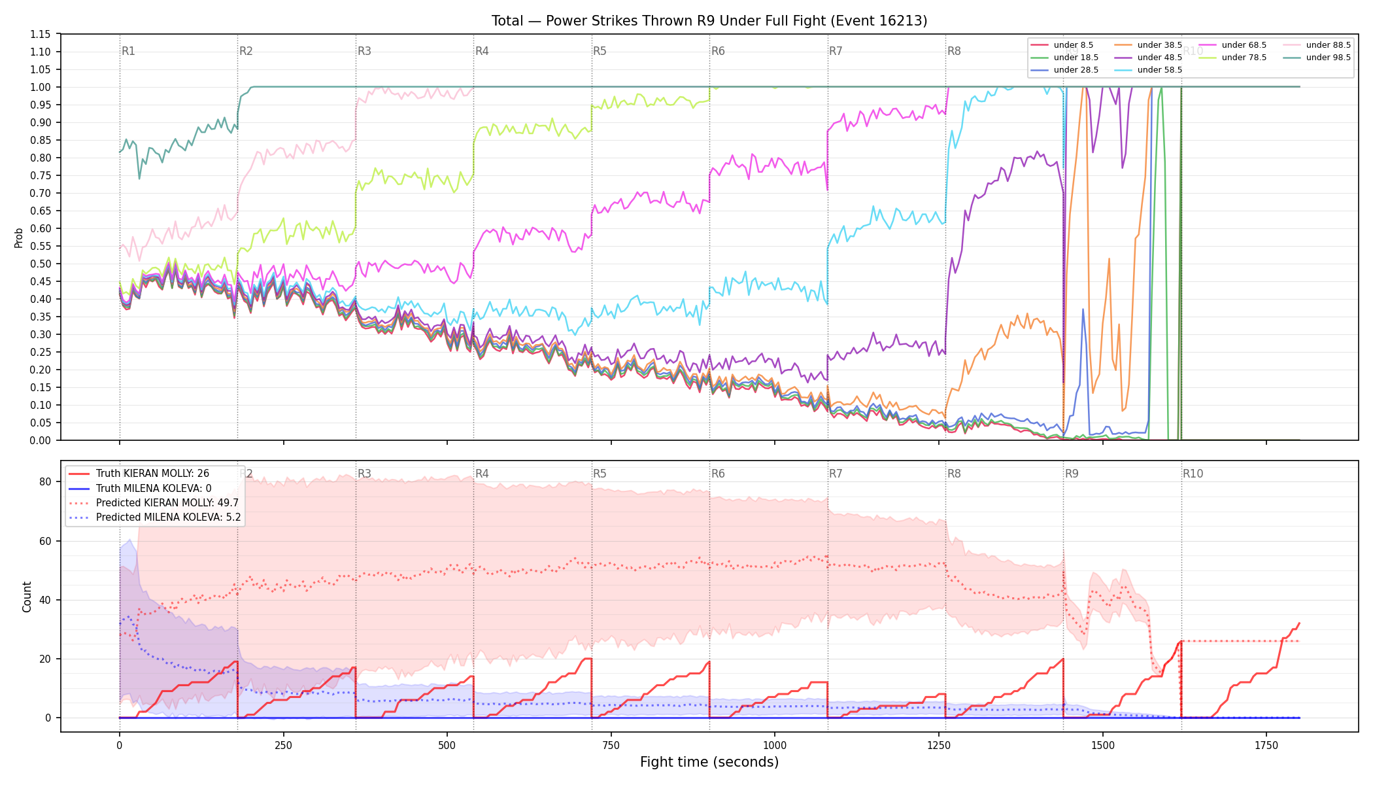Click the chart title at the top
(x=709, y=21)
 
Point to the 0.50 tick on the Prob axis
(x=41, y=264)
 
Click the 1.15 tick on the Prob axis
(x=41, y=35)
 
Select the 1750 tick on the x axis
(x=1266, y=745)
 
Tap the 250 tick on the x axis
(x=283, y=745)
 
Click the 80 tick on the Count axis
(x=45, y=482)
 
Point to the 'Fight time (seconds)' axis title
(x=709, y=762)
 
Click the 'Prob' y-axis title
(x=19, y=237)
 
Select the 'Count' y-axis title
(x=27, y=597)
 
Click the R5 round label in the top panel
(x=600, y=51)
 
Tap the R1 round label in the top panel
(x=128, y=51)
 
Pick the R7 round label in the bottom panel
(x=836, y=474)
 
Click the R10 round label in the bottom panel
(x=1193, y=474)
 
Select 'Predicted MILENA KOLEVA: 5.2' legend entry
(x=168, y=517)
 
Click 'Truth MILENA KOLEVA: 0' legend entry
(x=154, y=488)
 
